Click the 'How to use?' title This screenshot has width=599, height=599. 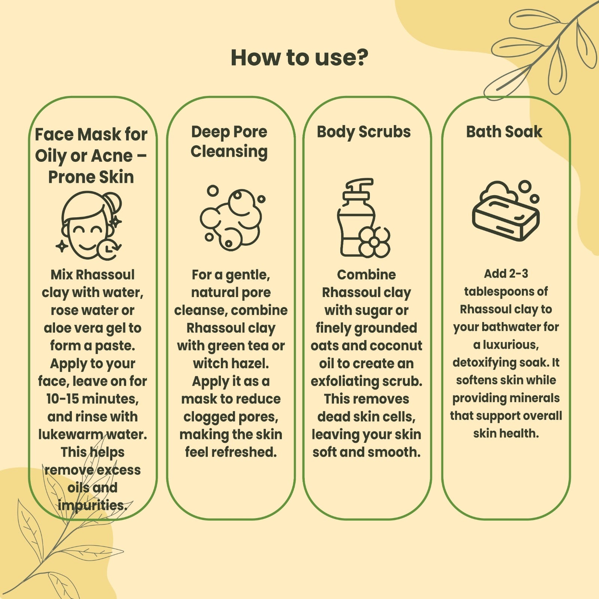click(x=299, y=58)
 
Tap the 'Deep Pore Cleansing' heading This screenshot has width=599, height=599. click(x=229, y=142)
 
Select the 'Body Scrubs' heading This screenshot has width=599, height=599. click(x=364, y=132)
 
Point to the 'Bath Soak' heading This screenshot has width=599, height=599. click(x=504, y=132)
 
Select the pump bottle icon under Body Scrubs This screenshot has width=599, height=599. click(x=364, y=218)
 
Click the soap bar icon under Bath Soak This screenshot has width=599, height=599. click(x=506, y=211)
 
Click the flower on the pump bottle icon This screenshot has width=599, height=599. click(x=374, y=242)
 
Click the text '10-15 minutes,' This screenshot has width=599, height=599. click(x=92, y=399)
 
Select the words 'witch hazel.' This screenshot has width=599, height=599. click(x=231, y=363)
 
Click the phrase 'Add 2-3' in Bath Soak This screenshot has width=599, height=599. click(x=506, y=274)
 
